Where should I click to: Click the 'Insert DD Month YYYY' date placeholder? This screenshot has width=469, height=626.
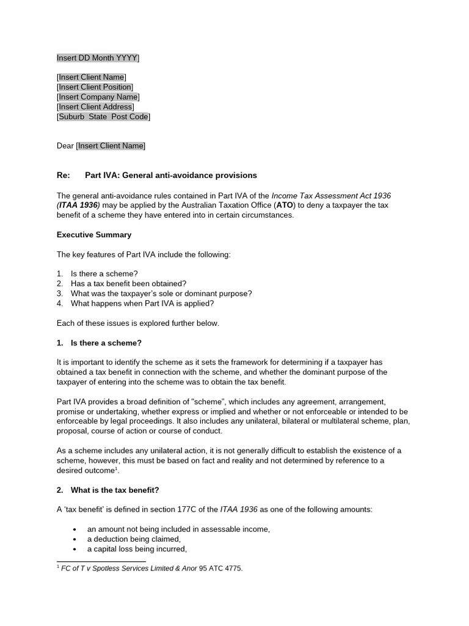(x=97, y=58)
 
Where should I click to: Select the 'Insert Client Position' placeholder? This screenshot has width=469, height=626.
(x=95, y=87)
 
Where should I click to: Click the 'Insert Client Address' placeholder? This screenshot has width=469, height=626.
(x=95, y=106)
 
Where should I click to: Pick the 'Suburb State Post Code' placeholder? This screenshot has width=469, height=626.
(x=103, y=116)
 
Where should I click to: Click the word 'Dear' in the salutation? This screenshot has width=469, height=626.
(x=65, y=145)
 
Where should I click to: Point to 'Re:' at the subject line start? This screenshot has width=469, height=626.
(x=64, y=175)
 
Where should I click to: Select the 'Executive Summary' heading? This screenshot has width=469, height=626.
(x=94, y=235)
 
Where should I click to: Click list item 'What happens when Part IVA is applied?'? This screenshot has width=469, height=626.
(x=142, y=303)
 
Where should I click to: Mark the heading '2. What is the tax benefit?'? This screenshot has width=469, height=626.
(x=108, y=490)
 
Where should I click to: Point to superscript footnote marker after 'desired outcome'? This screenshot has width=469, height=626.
(x=117, y=469)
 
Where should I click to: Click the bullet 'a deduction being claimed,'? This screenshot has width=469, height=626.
(x=134, y=539)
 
